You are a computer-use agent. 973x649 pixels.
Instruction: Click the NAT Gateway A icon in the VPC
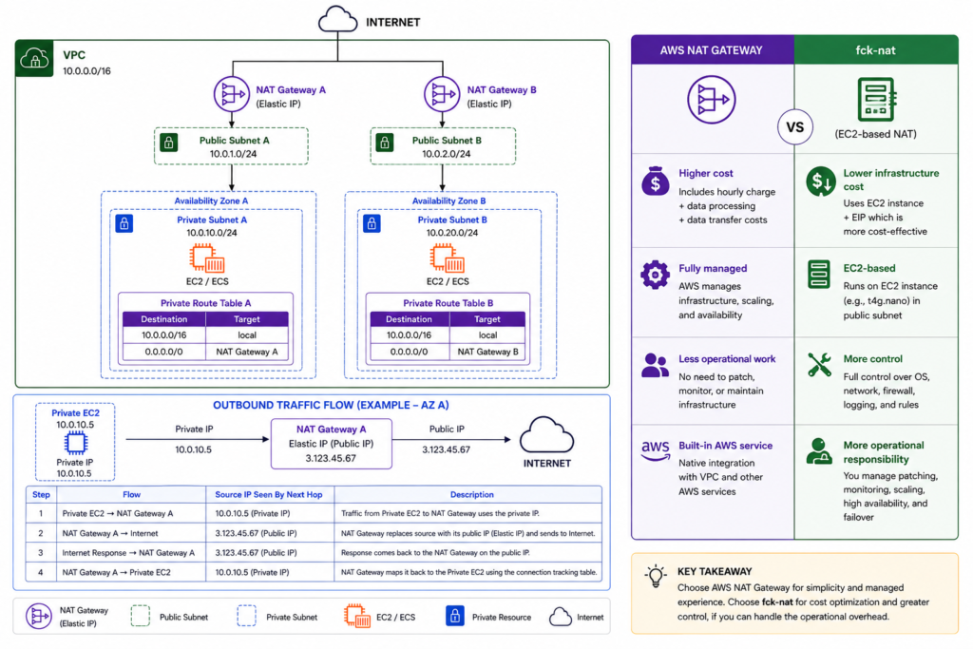pyautogui.click(x=232, y=94)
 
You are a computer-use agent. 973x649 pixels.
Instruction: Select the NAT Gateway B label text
pyautogui.click(x=502, y=90)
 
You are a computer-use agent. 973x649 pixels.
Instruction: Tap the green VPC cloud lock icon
pyautogui.click(x=35, y=59)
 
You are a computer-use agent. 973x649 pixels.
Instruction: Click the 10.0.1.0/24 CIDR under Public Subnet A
pyautogui.click(x=233, y=154)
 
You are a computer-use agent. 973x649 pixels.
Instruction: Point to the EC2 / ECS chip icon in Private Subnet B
pyautogui.click(x=447, y=258)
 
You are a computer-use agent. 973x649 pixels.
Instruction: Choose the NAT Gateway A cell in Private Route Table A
pyautogui.click(x=247, y=352)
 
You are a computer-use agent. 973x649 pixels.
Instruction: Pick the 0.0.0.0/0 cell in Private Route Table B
pyautogui.click(x=409, y=352)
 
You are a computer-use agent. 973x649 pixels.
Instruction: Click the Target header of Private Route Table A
pyautogui.click(x=247, y=319)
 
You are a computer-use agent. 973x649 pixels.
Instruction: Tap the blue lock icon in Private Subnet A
pyautogui.click(x=124, y=223)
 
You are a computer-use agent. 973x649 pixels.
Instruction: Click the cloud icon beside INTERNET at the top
pyautogui.click(x=337, y=19)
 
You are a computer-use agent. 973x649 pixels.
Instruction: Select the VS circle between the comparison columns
pyautogui.click(x=795, y=127)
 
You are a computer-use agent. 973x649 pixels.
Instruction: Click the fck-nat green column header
pyautogui.click(x=875, y=50)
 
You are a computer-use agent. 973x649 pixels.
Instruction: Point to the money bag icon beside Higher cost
pyautogui.click(x=656, y=181)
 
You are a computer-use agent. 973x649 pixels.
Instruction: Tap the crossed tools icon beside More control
pyautogui.click(x=819, y=365)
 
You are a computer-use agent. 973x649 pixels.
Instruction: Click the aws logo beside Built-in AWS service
pyautogui.click(x=656, y=450)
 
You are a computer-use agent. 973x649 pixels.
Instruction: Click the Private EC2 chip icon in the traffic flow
pyautogui.click(x=75, y=443)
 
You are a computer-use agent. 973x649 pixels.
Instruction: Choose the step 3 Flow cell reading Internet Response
pyautogui.click(x=128, y=553)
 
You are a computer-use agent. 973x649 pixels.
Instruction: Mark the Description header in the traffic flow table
pyautogui.click(x=471, y=494)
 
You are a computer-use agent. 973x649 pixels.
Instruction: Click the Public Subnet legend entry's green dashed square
pyautogui.click(x=141, y=616)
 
